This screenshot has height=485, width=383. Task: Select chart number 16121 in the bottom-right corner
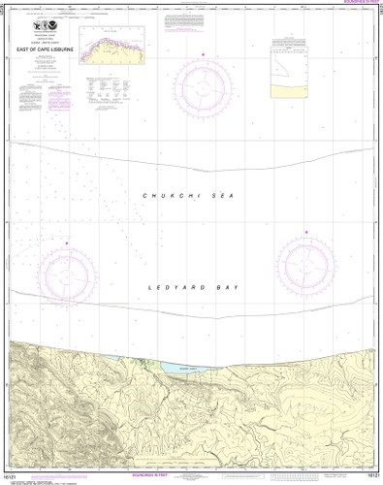pos(369,477)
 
